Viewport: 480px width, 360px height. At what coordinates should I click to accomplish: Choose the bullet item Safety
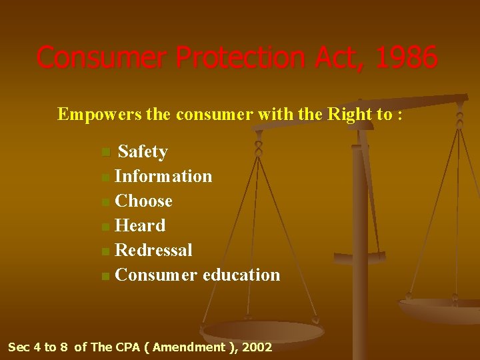[x=143, y=152]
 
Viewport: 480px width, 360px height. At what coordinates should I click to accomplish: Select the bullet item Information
[x=163, y=177]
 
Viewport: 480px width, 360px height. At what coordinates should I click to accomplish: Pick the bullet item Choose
[x=144, y=201]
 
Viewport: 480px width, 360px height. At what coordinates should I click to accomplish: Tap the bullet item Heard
[x=140, y=226]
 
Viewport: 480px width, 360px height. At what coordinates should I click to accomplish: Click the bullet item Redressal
[x=154, y=251]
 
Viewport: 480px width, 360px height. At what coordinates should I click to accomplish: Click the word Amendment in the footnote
[x=189, y=347]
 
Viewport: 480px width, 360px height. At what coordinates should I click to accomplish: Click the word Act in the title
[x=331, y=57]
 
